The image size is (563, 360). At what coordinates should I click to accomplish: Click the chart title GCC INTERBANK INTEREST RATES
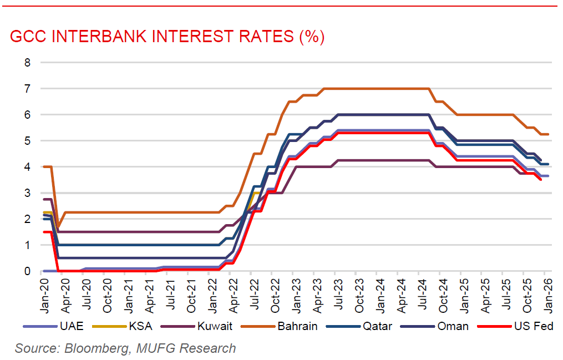point(167,37)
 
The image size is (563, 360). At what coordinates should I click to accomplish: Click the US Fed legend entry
point(534,326)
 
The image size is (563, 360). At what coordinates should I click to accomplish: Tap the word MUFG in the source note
point(161,348)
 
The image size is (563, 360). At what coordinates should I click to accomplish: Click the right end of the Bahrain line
point(548,134)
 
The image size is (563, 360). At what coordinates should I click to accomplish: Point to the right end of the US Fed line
point(541,179)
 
